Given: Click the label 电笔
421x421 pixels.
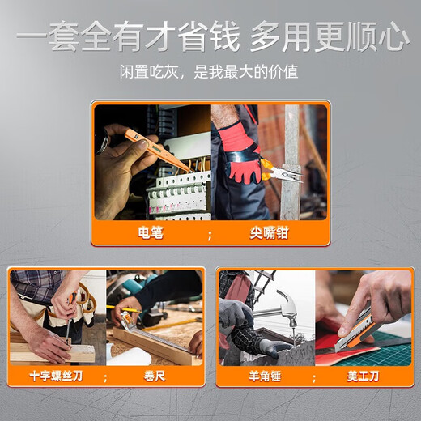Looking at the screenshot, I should (x=150, y=234).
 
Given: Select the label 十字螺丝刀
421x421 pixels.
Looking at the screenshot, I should (x=56, y=376).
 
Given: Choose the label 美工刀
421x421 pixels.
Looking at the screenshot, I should (x=362, y=376).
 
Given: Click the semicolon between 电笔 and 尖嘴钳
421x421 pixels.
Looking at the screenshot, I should (x=210, y=235).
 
